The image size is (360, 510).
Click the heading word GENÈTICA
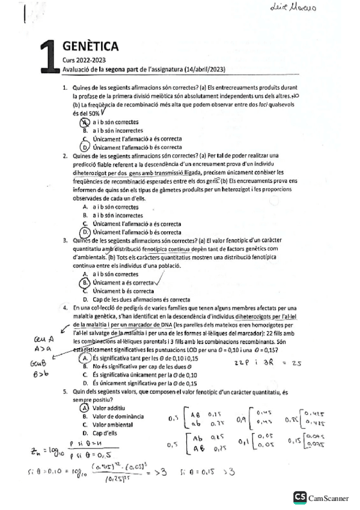pos(90,46)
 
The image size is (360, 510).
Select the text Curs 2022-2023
pos(84,60)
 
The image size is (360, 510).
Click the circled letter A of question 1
pos(85,122)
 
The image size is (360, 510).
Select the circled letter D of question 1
pos(85,147)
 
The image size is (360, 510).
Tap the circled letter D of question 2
pos(85,232)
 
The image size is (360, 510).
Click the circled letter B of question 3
pos(85,282)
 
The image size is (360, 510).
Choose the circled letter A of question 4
pos(85,358)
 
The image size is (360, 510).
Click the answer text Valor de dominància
pos(118,416)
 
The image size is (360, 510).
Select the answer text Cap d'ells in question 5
pos(106,433)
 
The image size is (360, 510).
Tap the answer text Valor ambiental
pos(114,425)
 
